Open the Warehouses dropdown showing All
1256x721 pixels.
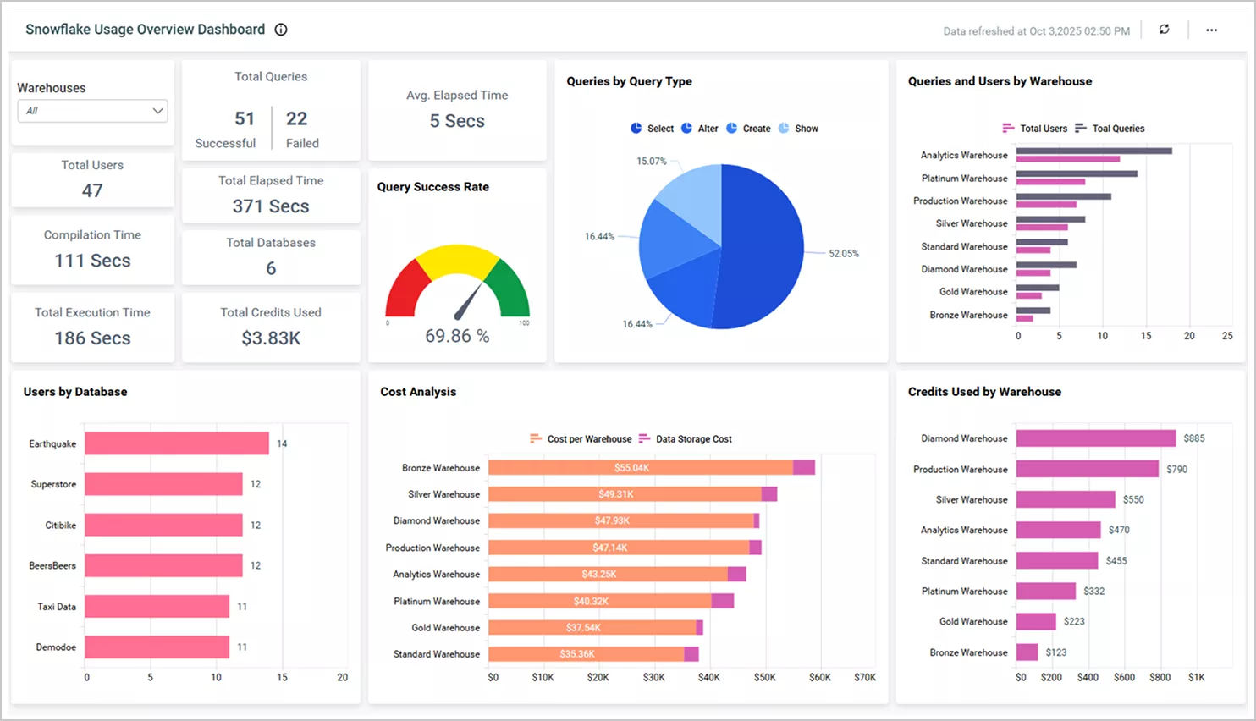pyautogui.click(x=92, y=111)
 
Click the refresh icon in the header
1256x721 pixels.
pyautogui.click(x=1164, y=30)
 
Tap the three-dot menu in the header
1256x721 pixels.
pyautogui.click(x=1211, y=30)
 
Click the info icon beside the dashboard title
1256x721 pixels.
pyautogui.click(x=281, y=30)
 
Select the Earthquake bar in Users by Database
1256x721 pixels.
pyautogui.click(x=176, y=443)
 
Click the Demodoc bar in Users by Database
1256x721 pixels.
pyautogui.click(x=157, y=647)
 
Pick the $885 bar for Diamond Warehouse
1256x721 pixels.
pyautogui.click(x=1095, y=438)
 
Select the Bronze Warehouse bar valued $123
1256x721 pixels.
pyautogui.click(x=1027, y=652)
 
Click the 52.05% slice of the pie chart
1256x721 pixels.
pyautogui.click(x=762, y=250)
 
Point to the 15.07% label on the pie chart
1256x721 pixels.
pyautogui.click(x=651, y=161)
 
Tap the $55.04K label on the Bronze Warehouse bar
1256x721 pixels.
pyautogui.click(x=631, y=468)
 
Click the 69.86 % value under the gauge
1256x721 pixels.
pyautogui.click(x=457, y=336)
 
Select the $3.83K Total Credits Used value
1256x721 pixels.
pyautogui.click(x=271, y=338)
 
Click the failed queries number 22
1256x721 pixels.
pyautogui.click(x=296, y=119)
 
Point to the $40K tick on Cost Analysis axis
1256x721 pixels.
pyautogui.click(x=708, y=678)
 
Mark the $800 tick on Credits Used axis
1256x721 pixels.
pyautogui.click(x=1160, y=678)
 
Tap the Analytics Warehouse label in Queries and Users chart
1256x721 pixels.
pyautogui.click(x=964, y=156)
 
